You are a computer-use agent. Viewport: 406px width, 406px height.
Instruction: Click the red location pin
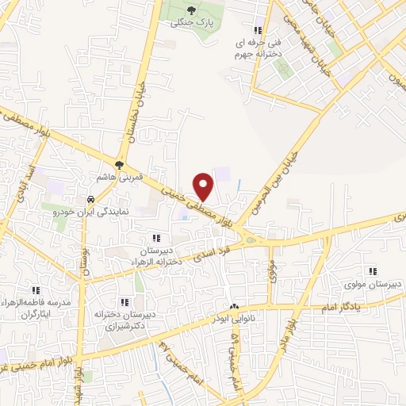[x=204, y=186]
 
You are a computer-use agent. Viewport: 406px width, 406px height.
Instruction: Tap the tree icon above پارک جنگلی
[x=191, y=11]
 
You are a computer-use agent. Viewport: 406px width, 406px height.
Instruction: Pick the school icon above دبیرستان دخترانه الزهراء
[x=156, y=237]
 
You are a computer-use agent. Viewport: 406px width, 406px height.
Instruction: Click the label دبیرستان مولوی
[x=365, y=283]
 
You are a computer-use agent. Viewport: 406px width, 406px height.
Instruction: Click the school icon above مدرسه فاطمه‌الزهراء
[x=36, y=291]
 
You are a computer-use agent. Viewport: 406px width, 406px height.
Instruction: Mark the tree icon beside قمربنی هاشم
[x=118, y=165]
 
